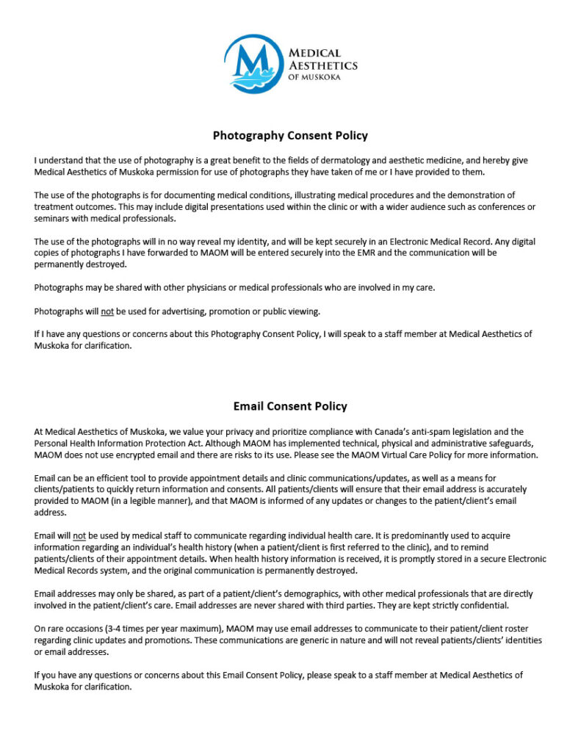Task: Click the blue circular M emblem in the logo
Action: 253,65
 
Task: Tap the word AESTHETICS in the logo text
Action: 323,65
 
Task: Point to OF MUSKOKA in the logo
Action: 315,76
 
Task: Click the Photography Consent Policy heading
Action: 290,135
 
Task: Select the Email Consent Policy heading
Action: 290,406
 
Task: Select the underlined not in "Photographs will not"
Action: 107,311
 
